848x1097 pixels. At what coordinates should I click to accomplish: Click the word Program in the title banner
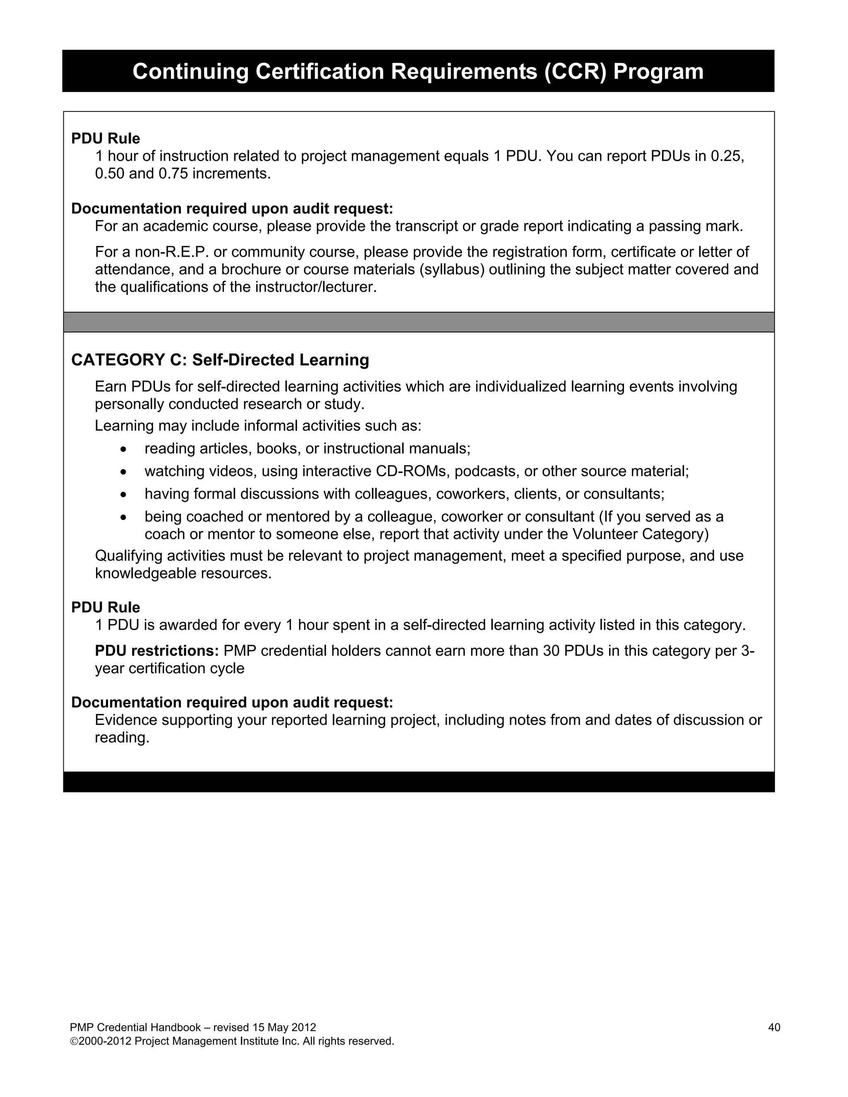658,71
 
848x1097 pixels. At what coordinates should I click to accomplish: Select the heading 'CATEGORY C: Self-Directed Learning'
220,360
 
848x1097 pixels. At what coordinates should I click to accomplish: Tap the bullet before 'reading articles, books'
123,449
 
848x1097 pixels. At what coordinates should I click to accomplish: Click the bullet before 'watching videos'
123,472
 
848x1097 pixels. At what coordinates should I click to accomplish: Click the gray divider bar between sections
419,322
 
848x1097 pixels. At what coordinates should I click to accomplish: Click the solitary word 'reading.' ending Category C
122,737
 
